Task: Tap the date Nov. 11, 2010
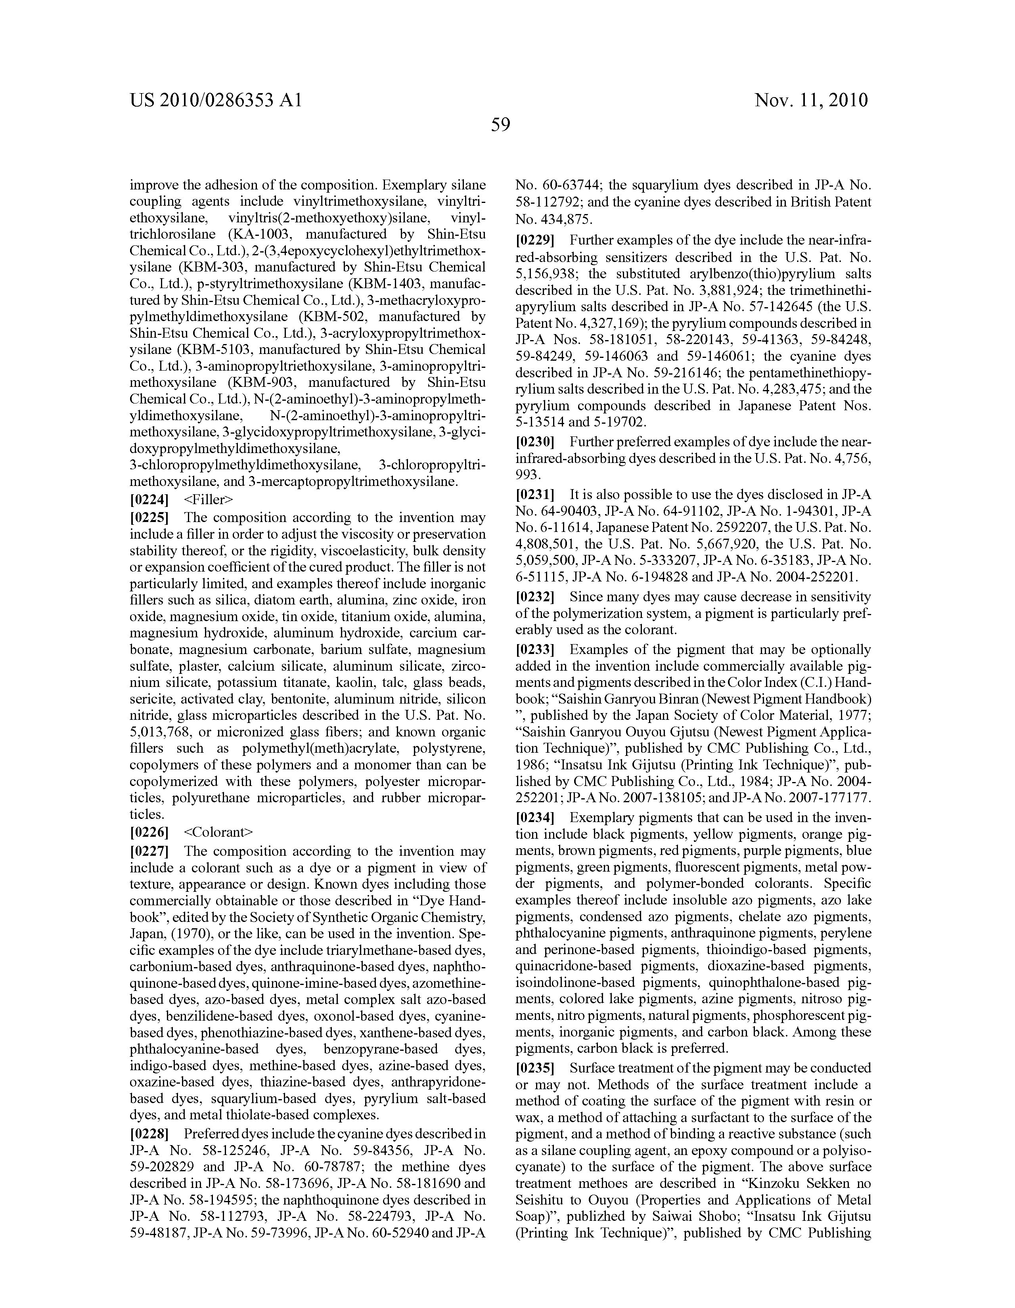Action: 811,100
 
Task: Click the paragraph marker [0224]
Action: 149,499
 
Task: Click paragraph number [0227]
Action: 149,851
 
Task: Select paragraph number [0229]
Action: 535,241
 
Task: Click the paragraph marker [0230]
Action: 535,442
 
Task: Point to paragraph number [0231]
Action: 535,495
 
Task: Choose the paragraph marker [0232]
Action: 535,597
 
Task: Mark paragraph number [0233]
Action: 535,649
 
